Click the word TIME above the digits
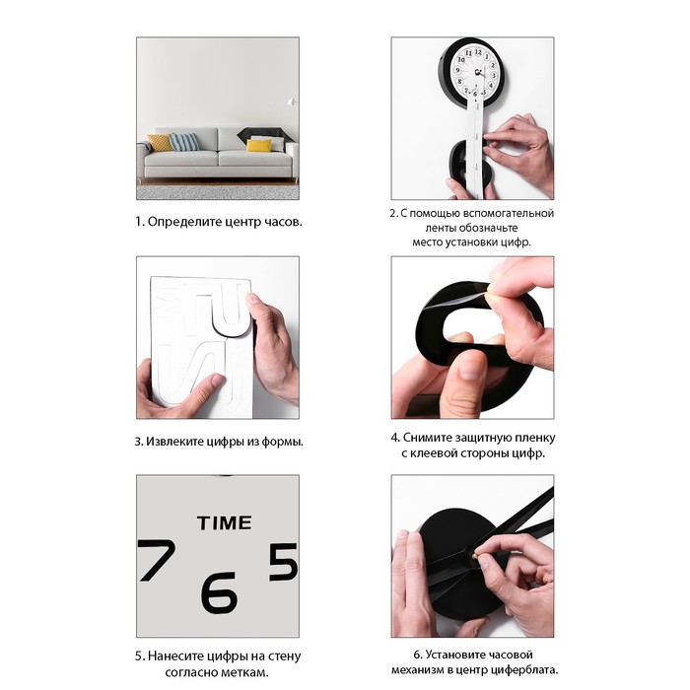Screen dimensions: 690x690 coord(225,522)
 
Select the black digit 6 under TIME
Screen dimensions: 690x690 coord(219,592)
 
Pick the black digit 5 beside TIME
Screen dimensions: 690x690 coord(284,562)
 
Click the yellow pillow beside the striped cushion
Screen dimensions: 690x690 coord(160,143)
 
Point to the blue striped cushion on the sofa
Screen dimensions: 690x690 coord(184,142)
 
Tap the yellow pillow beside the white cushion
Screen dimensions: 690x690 coord(258,145)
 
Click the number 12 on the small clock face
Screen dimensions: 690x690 coord(478,52)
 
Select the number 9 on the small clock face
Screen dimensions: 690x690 coord(457,70)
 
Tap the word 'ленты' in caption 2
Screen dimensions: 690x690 coord(442,228)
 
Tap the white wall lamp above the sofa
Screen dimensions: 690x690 coord(292,102)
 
